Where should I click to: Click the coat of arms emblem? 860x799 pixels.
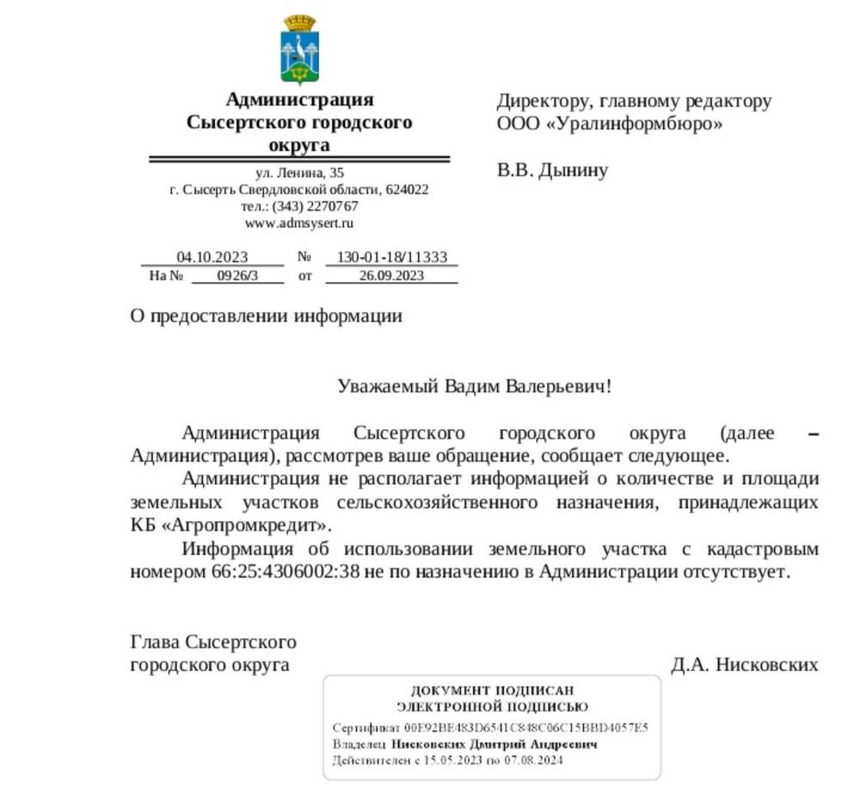[299, 50]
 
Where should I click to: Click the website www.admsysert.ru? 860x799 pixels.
[299, 223]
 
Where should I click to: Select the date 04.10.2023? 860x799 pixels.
[212, 257]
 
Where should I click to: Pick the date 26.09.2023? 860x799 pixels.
[391, 276]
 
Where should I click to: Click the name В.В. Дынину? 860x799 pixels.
[552, 170]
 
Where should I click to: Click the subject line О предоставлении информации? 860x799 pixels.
[266, 316]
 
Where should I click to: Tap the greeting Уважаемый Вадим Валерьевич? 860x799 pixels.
[475, 385]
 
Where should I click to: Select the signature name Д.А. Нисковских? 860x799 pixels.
[744, 665]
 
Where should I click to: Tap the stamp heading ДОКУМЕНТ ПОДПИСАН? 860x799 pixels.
[492, 691]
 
